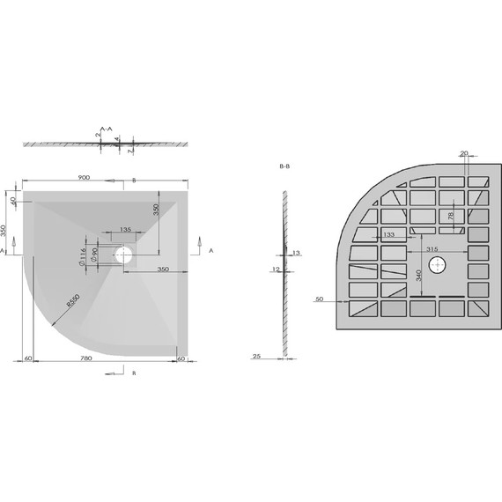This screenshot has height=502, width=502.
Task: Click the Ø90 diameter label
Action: pyautogui.click(x=94, y=256)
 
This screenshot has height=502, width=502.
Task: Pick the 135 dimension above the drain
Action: pyautogui.click(x=125, y=229)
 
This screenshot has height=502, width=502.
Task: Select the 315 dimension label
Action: pyautogui.click(x=432, y=250)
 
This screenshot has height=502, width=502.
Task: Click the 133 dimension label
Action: pyautogui.click(x=388, y=234)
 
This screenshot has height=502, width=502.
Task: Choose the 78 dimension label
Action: pyautogui.click(x=452, y=216)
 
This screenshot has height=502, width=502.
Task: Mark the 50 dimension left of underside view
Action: pyautogui.click(x=319, y=300)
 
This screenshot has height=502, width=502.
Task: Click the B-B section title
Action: pyautogui.click(x=284, y=166)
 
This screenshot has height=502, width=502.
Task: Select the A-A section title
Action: pyautogui.click(x=106, y=129)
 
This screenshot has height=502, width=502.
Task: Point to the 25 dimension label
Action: pyautogui.click(x=256, y=357)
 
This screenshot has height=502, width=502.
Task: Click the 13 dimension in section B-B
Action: pyautogui.click(x=296, y=254)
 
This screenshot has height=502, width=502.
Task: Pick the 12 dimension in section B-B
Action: pyautogui.click(x=276, y=269)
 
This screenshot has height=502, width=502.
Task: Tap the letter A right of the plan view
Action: pyautogui.click(x=211, y=250)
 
